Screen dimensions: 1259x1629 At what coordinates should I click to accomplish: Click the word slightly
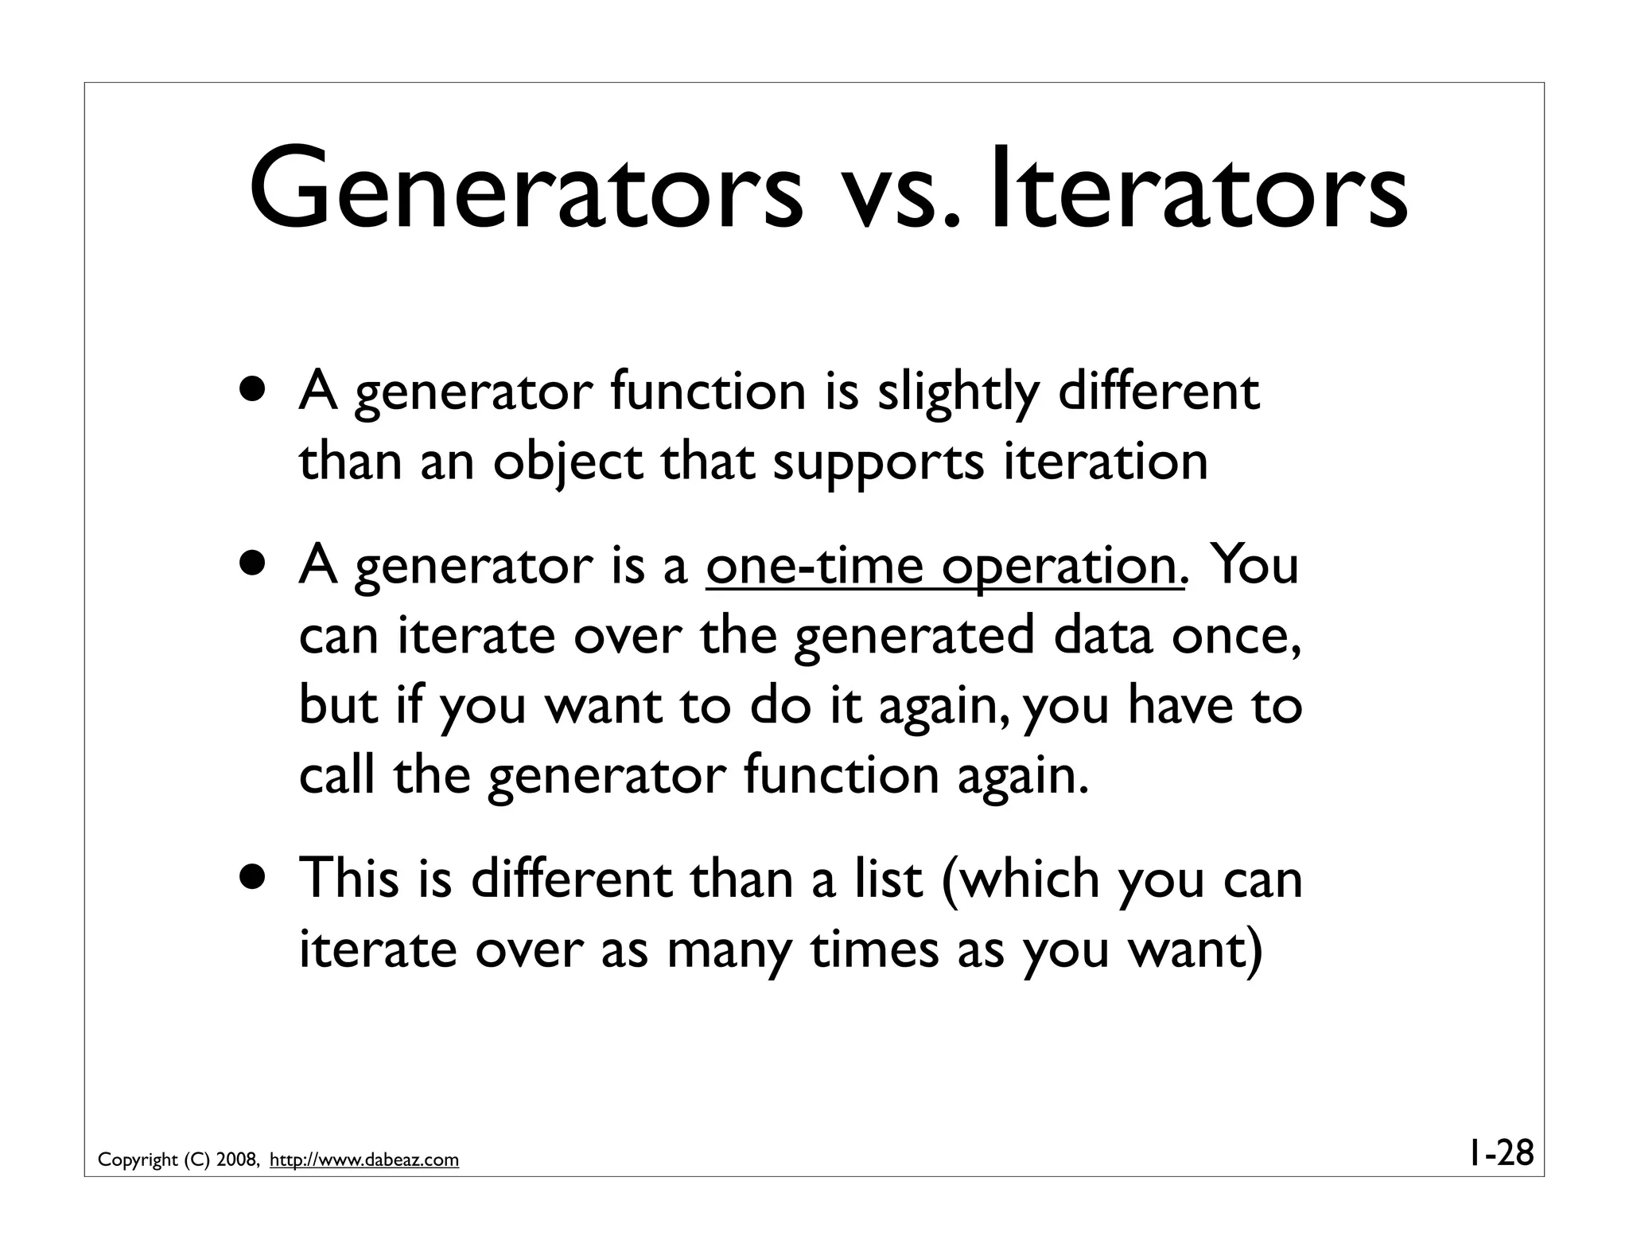958,393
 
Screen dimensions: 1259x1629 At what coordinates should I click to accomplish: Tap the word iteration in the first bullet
1105,462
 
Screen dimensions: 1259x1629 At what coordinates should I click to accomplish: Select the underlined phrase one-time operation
941,567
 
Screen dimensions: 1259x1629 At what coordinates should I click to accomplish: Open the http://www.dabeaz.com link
364,1160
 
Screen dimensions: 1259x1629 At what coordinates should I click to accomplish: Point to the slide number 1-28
1499,1152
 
